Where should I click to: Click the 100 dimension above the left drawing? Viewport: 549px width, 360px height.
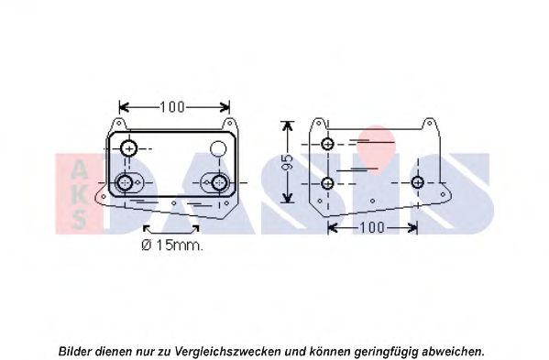pos(171,107)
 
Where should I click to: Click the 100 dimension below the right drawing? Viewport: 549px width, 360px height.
pos(372,228)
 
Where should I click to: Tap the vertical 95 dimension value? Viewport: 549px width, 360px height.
pos(287,161)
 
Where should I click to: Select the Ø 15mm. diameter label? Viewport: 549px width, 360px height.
pos(172,245)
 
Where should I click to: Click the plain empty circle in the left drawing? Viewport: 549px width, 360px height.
pos(218,148)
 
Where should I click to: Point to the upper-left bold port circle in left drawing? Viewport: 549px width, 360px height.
pos(129,148)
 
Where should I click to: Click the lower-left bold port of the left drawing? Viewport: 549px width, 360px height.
pos(125,182)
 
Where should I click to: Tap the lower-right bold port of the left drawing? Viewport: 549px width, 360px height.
pos(220,182)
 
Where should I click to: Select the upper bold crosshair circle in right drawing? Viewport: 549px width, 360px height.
pos(327,144)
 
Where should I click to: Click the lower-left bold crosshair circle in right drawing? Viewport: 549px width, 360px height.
pos(327,183)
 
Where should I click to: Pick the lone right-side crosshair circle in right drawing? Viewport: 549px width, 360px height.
pos(417,182)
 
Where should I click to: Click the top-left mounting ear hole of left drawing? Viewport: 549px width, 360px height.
pos(119,124)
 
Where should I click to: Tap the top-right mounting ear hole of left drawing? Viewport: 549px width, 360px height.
pos(231,124)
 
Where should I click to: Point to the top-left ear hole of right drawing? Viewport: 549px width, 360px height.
pos(319,124)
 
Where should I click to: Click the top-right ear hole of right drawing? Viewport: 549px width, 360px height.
pos(430,124)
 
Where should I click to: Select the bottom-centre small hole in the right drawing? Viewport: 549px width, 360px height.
pos(372,201)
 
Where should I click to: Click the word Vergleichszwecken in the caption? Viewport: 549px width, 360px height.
pos(228,351)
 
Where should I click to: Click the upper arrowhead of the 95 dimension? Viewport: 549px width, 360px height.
pos(287,125)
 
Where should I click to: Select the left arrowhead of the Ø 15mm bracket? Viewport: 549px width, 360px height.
pos(148,229)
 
